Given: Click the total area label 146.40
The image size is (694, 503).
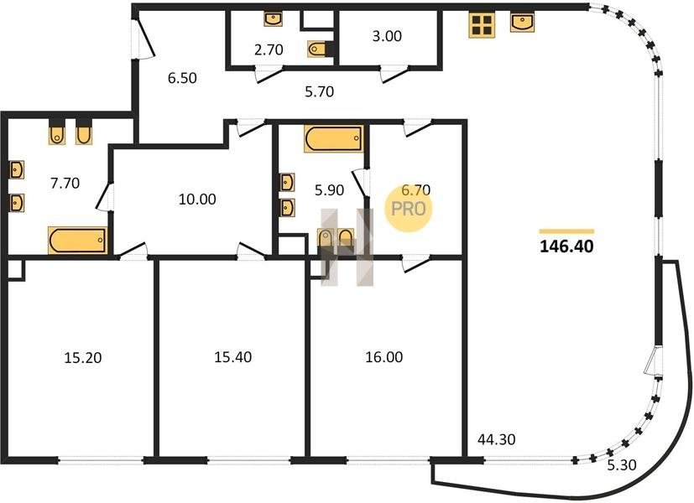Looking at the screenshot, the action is (566, 246).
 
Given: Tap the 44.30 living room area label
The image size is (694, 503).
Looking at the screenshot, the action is (497, 439).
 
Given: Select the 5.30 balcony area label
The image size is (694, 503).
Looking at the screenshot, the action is (622, 465).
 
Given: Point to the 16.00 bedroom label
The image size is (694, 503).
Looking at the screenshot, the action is (384, 356).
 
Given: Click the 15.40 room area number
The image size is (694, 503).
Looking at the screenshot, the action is (232, 356).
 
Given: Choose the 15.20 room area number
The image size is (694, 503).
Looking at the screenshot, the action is (83, 357).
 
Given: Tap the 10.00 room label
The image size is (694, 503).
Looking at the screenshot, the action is (197, 199).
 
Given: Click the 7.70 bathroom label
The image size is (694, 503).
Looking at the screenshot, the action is (65, 183).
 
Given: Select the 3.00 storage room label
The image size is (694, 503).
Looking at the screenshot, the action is (387, 36).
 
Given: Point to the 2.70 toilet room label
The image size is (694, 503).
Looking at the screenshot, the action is (269, 49).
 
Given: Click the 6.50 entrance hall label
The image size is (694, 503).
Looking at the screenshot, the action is (182, 78).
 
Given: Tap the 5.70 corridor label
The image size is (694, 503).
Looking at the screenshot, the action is (320, 91).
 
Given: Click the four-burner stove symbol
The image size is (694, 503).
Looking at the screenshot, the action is (482, 25).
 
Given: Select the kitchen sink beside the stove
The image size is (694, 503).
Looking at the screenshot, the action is (522, 22).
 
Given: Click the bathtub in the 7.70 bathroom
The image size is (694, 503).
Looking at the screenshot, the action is (78, 241).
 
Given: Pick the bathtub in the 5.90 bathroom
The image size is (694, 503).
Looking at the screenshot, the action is (334, 139).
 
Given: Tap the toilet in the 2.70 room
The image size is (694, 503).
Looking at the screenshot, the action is (317, 49).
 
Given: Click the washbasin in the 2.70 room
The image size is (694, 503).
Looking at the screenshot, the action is (273, 19).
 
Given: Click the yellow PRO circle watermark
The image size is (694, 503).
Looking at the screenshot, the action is (408, 209).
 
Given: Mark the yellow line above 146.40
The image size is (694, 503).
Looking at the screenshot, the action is (566, 231).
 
